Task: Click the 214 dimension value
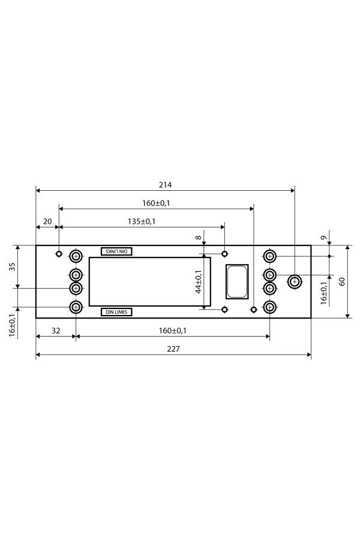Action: point(165,185)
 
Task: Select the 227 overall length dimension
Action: point(173,349)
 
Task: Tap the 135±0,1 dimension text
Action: point(142,221)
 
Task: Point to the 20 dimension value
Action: point(47,221)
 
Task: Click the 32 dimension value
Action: point(56,331)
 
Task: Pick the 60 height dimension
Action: point(342,282)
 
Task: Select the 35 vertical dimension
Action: point(13,267)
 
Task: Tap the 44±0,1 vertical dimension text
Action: point(199,281)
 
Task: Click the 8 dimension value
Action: point(198,237)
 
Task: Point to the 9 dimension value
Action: point(323,238)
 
